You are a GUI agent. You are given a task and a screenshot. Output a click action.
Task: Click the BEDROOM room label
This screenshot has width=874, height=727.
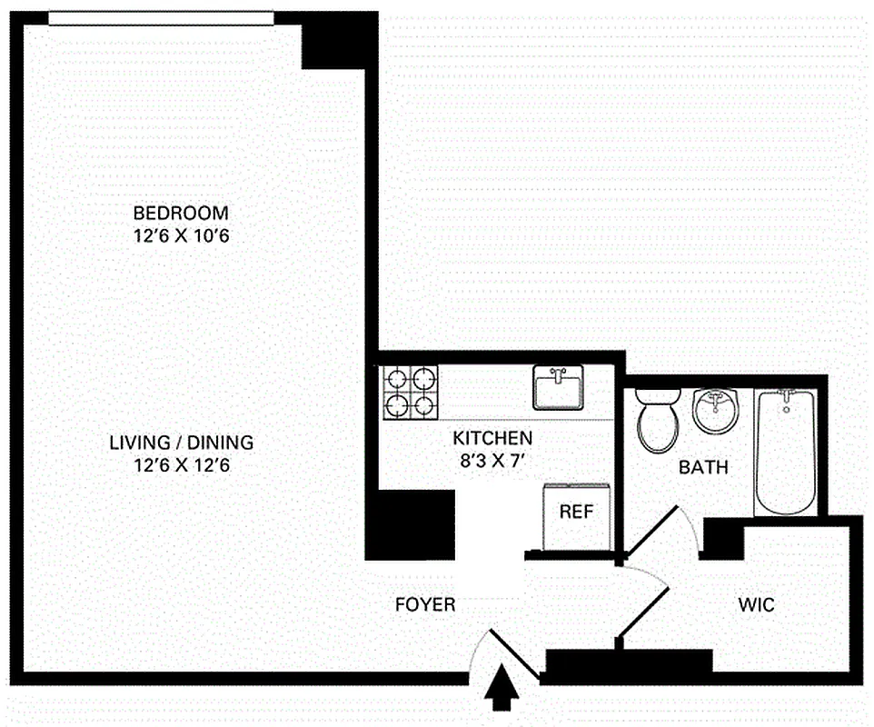tap(181, 214)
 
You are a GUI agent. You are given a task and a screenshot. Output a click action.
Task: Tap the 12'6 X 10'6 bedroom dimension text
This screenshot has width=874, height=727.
tap(181, 236)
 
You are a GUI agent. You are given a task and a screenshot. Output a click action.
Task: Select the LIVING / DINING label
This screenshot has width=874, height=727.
tap(181, 443)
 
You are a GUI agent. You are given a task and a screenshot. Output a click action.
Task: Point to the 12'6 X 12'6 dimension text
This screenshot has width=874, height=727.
tap(181, 465)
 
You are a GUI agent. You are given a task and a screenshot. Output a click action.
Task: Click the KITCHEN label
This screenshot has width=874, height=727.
tap(492, 438)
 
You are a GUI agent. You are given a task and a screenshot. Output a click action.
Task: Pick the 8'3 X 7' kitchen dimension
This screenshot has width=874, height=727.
tap(492, 460)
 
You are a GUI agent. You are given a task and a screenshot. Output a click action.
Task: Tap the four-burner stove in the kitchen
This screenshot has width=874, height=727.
tap(410, 392)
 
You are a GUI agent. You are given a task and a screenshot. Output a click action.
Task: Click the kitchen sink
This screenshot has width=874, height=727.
tap(557, 388)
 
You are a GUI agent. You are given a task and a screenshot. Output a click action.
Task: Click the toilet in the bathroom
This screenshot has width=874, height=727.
tap(659, 419)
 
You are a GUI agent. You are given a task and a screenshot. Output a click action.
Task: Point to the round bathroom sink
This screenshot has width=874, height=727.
tap(717, 413)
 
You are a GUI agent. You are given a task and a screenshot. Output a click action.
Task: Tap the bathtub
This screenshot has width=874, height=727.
tap(787, 452)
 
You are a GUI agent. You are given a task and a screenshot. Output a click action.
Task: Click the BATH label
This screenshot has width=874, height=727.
tap(703, 469)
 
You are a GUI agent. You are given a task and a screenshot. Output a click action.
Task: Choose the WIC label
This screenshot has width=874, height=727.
tap(756, 605)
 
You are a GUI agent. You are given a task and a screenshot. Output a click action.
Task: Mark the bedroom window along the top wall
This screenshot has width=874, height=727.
tap(161, 18)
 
